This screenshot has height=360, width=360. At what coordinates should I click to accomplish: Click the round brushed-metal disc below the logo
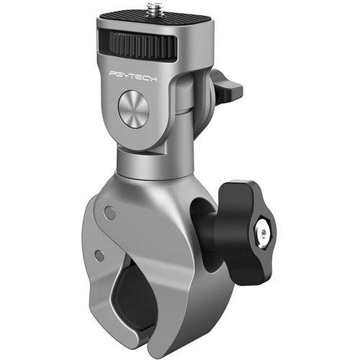click(x=132, y=111)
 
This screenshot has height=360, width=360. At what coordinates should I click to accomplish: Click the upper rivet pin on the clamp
click(x=109, y=212)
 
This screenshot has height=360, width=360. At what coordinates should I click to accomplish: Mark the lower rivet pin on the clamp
click(x=99, y=255)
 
